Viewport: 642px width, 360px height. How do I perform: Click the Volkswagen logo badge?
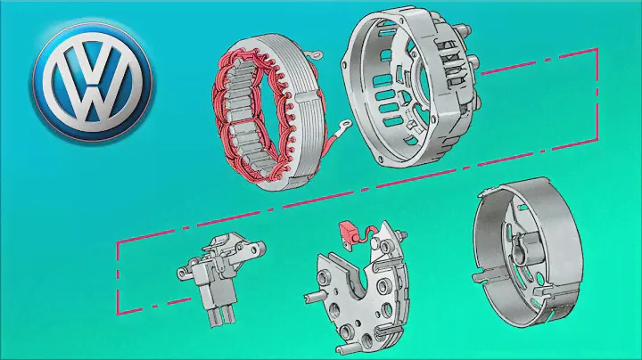click(x=93, y=82)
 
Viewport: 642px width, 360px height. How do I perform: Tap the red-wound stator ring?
click(x=268, y=112)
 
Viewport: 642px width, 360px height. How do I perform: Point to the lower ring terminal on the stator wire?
click(x=343, y=125)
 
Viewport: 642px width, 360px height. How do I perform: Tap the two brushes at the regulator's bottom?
click(x=221, y=316)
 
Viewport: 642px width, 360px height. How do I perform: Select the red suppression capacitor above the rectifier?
click(x=348, y=233)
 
